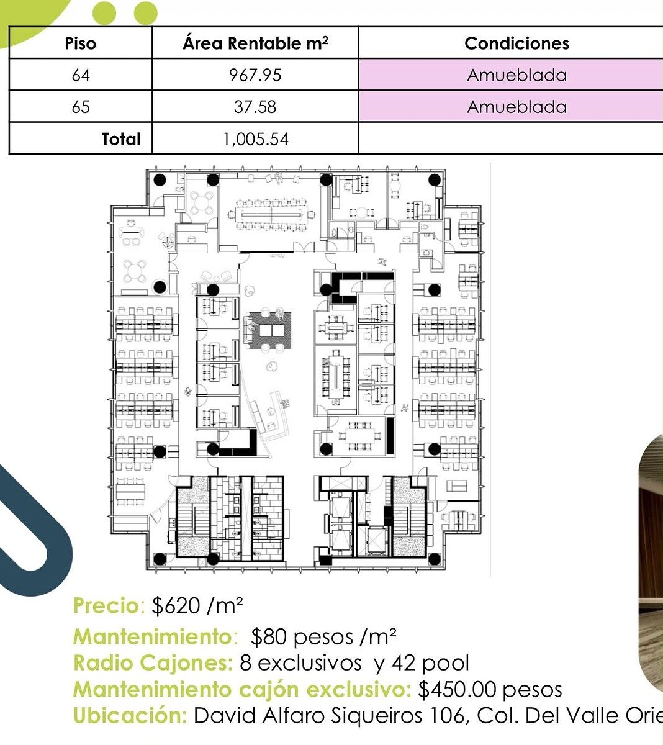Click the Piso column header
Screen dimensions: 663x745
click(x=81, y=43)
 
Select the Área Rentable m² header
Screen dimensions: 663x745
click(x=256, y=43)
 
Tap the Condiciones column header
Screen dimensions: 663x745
click(x=516, y=43)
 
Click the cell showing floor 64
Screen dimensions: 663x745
click(x=81, y=75)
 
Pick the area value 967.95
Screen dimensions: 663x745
click(x=255, y=75)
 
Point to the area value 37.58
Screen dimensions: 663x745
click(x=255, y=107)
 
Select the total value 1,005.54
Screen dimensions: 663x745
click(x=256, y=139)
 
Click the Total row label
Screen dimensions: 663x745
click(x=121, y=139)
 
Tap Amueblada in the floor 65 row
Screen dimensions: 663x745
click(x=516, y=107)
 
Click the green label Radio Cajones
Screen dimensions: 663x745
click(x=153, y=663)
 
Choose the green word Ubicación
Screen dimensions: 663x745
click(x=130, y=716)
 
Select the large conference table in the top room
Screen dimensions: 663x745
click(x=271, y=214)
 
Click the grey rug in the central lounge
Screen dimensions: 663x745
click(x=268, y=330)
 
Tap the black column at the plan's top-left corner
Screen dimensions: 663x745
click(x=160, y=180)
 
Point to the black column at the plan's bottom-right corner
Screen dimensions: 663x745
click(x=435, y=559)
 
